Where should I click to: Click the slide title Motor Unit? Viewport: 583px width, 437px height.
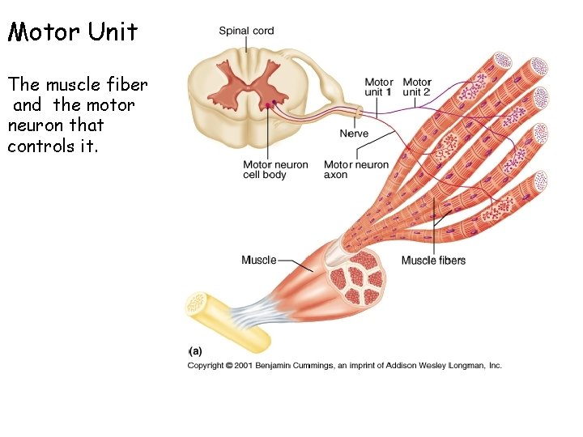[73, 32]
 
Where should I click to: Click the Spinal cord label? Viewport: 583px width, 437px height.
[246, 31]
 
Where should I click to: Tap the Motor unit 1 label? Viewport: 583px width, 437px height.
[378, 87]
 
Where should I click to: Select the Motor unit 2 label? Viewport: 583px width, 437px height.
[417, 87]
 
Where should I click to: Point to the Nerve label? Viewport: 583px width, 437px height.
[354, 134]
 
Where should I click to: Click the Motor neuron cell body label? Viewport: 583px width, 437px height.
[275, 169]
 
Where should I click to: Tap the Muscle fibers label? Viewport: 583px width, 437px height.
[433, 260]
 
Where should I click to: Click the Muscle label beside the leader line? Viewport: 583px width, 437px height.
[258, 260]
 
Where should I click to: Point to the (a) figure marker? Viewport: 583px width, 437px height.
[195, 351]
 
